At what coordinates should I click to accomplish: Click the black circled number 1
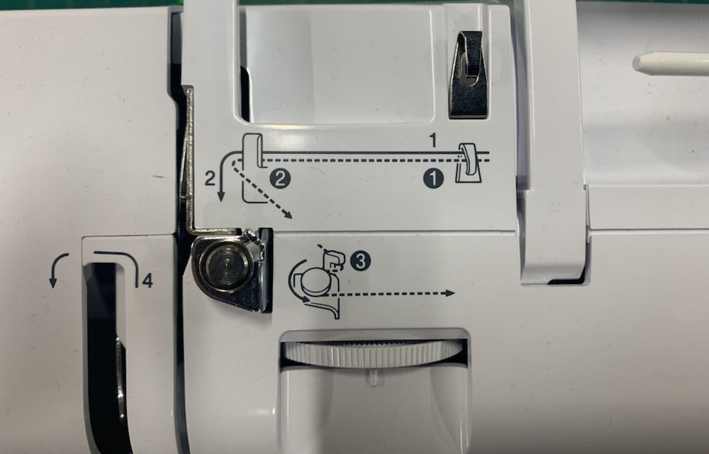coord(434,179)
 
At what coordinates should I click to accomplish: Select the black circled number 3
coord(361,262)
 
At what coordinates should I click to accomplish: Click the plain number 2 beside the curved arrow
coord(209,178)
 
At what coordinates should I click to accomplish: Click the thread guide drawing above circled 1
coord(468,162)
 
